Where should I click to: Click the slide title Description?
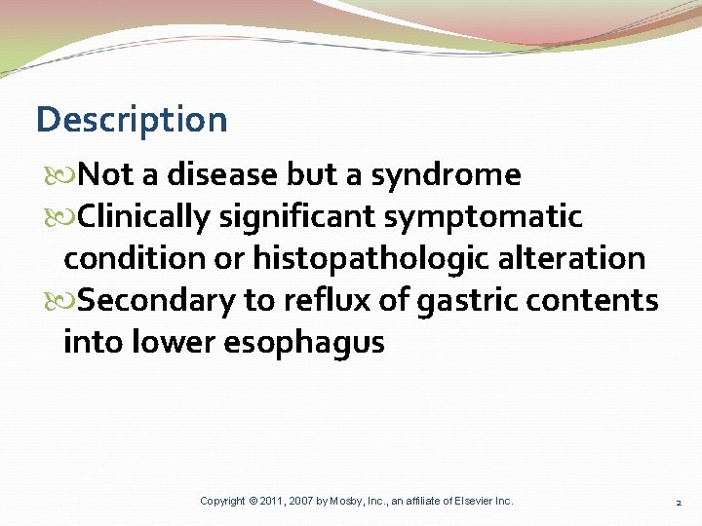point(132,120)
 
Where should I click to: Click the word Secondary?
point(156,301)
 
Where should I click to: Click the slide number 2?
point(679,502)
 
